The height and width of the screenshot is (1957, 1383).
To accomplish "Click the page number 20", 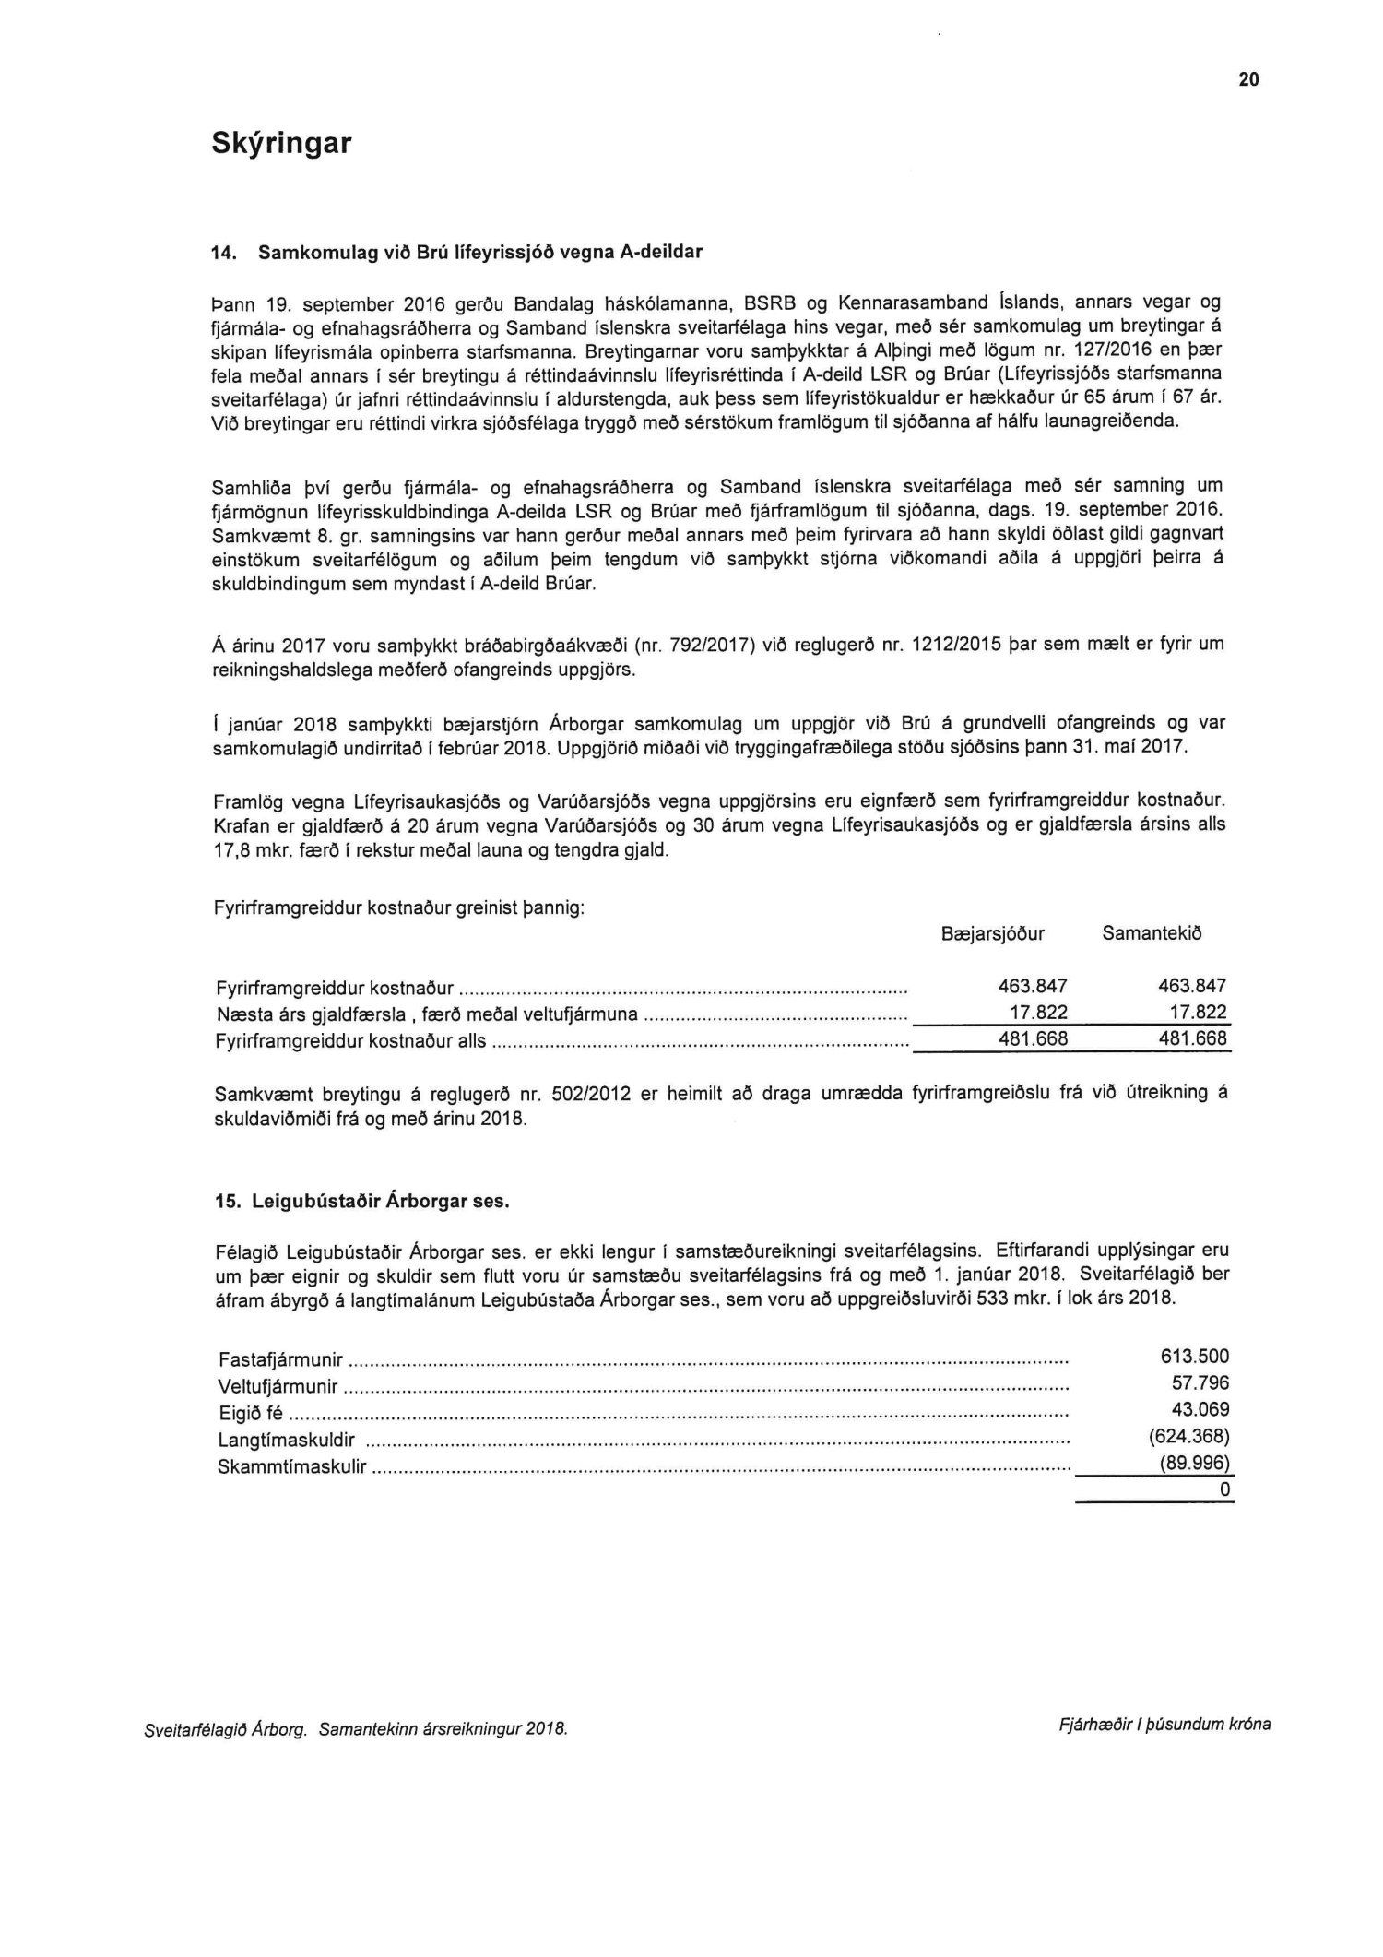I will [1248, 80].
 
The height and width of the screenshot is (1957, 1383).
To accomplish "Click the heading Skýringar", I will [281, 144].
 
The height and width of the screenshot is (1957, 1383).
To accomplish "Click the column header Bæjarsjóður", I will [993, 933].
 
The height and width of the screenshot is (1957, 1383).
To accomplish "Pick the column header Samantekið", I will [1152, 933].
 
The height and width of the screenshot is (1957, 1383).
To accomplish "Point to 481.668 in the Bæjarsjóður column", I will [1033, 1038].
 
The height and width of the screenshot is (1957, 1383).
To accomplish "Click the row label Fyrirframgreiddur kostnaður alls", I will [349, 1041].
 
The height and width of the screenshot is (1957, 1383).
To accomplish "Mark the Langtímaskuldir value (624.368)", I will [1190, 1437].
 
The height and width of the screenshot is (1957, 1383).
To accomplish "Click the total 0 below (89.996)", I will [1224, 1490].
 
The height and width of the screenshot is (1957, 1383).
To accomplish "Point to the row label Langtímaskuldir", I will [286, 1441].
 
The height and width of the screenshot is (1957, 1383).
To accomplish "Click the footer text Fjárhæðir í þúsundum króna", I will [1165, 1724].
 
